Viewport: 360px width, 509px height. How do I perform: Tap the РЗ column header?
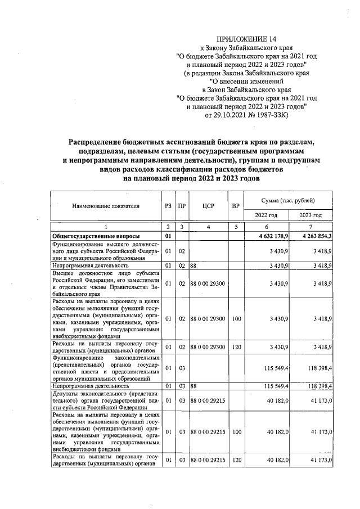168,206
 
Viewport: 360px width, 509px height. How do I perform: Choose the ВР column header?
236,206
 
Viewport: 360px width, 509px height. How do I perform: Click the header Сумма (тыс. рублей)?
289,200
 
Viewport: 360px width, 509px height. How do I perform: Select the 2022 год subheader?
266,215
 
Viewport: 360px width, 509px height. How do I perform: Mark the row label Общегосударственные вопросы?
96,236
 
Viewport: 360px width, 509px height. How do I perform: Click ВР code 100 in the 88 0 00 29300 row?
236,319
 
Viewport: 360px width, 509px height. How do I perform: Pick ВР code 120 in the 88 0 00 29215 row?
236,460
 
